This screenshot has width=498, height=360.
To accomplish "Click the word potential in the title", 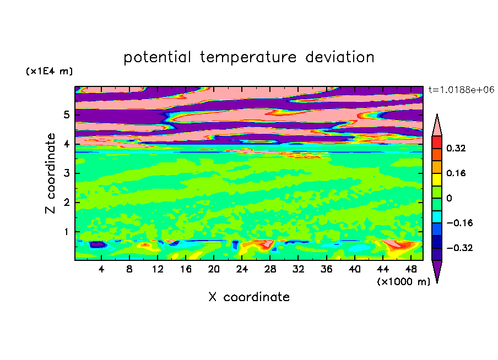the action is pos(157,57).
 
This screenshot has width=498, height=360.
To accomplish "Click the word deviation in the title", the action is pos(340,57).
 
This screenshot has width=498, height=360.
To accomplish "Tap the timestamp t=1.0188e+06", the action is pos(461,90).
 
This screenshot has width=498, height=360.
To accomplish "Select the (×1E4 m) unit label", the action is pos(49,71).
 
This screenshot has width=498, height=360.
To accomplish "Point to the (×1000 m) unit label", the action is pos(403,282).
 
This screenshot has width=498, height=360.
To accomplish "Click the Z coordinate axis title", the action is pos(51,173).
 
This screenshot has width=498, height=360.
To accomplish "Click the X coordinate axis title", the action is pos(249,297).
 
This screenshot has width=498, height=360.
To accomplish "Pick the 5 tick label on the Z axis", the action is pos(66,114).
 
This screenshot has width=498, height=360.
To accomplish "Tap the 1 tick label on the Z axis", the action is pos(66,232).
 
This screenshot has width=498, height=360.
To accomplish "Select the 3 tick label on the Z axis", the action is pos(66,173).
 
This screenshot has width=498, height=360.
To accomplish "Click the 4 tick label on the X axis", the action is pos(101,269).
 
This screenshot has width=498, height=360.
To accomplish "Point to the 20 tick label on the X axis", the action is pos(214,269).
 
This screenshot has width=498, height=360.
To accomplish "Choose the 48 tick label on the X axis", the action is pos(411,269).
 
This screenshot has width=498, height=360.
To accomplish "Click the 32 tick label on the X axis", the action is pos(298,269).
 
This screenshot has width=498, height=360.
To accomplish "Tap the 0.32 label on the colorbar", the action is pos(456,148).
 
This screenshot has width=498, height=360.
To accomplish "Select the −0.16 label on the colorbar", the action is pos(459,223).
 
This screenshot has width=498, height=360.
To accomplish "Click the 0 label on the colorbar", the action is pos(449,198).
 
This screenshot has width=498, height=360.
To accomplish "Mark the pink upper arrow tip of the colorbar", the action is pos(437,114).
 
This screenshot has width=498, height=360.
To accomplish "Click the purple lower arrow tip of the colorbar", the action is pos(437,282).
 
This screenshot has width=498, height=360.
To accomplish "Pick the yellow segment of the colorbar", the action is pos(437,179).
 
